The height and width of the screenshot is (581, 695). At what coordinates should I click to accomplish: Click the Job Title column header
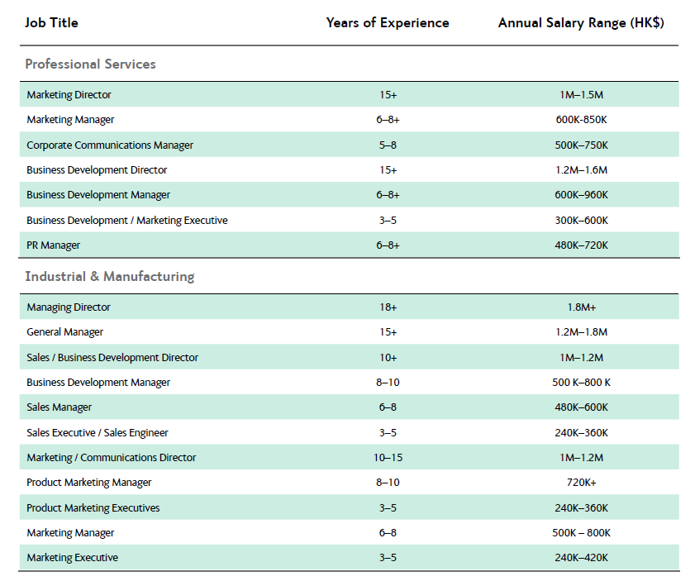click(51, 22)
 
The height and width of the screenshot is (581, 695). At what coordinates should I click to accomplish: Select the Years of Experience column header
click(388, 22)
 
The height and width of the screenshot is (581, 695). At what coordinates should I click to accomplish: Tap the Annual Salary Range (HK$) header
click(581, 22)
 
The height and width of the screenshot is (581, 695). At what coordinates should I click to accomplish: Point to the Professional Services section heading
click(90, 64)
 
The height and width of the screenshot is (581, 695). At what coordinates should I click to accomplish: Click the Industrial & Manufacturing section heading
click(110, 276)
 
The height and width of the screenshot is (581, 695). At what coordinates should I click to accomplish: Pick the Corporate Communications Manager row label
click(110, 145)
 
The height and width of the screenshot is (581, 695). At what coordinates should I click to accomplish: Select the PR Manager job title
click(53, 245)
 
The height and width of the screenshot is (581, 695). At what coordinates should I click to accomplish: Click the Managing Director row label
click(69, 307)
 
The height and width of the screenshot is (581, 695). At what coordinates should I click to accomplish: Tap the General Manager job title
click(64, 332)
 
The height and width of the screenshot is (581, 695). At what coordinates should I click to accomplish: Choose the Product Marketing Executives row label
click(93, 508)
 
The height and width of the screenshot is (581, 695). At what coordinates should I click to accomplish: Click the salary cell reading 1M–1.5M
click(581, 95)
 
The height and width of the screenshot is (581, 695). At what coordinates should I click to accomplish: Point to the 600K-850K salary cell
click(581, 120)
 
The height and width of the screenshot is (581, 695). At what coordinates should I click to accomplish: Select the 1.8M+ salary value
click(582, 307)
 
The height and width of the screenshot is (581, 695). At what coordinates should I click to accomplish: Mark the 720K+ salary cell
click(582, 482)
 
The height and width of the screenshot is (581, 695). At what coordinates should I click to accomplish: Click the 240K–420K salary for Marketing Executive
click(581, 558)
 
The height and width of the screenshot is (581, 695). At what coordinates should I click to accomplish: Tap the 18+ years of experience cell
click(388, 307)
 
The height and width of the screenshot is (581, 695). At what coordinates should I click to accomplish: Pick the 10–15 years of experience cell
click(388, 457)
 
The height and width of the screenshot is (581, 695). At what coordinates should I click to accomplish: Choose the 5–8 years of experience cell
click(388, 145)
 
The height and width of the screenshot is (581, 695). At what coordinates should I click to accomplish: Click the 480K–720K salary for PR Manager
click(581, 245)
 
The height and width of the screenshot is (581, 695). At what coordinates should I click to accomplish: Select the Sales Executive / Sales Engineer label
click(98, 432)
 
